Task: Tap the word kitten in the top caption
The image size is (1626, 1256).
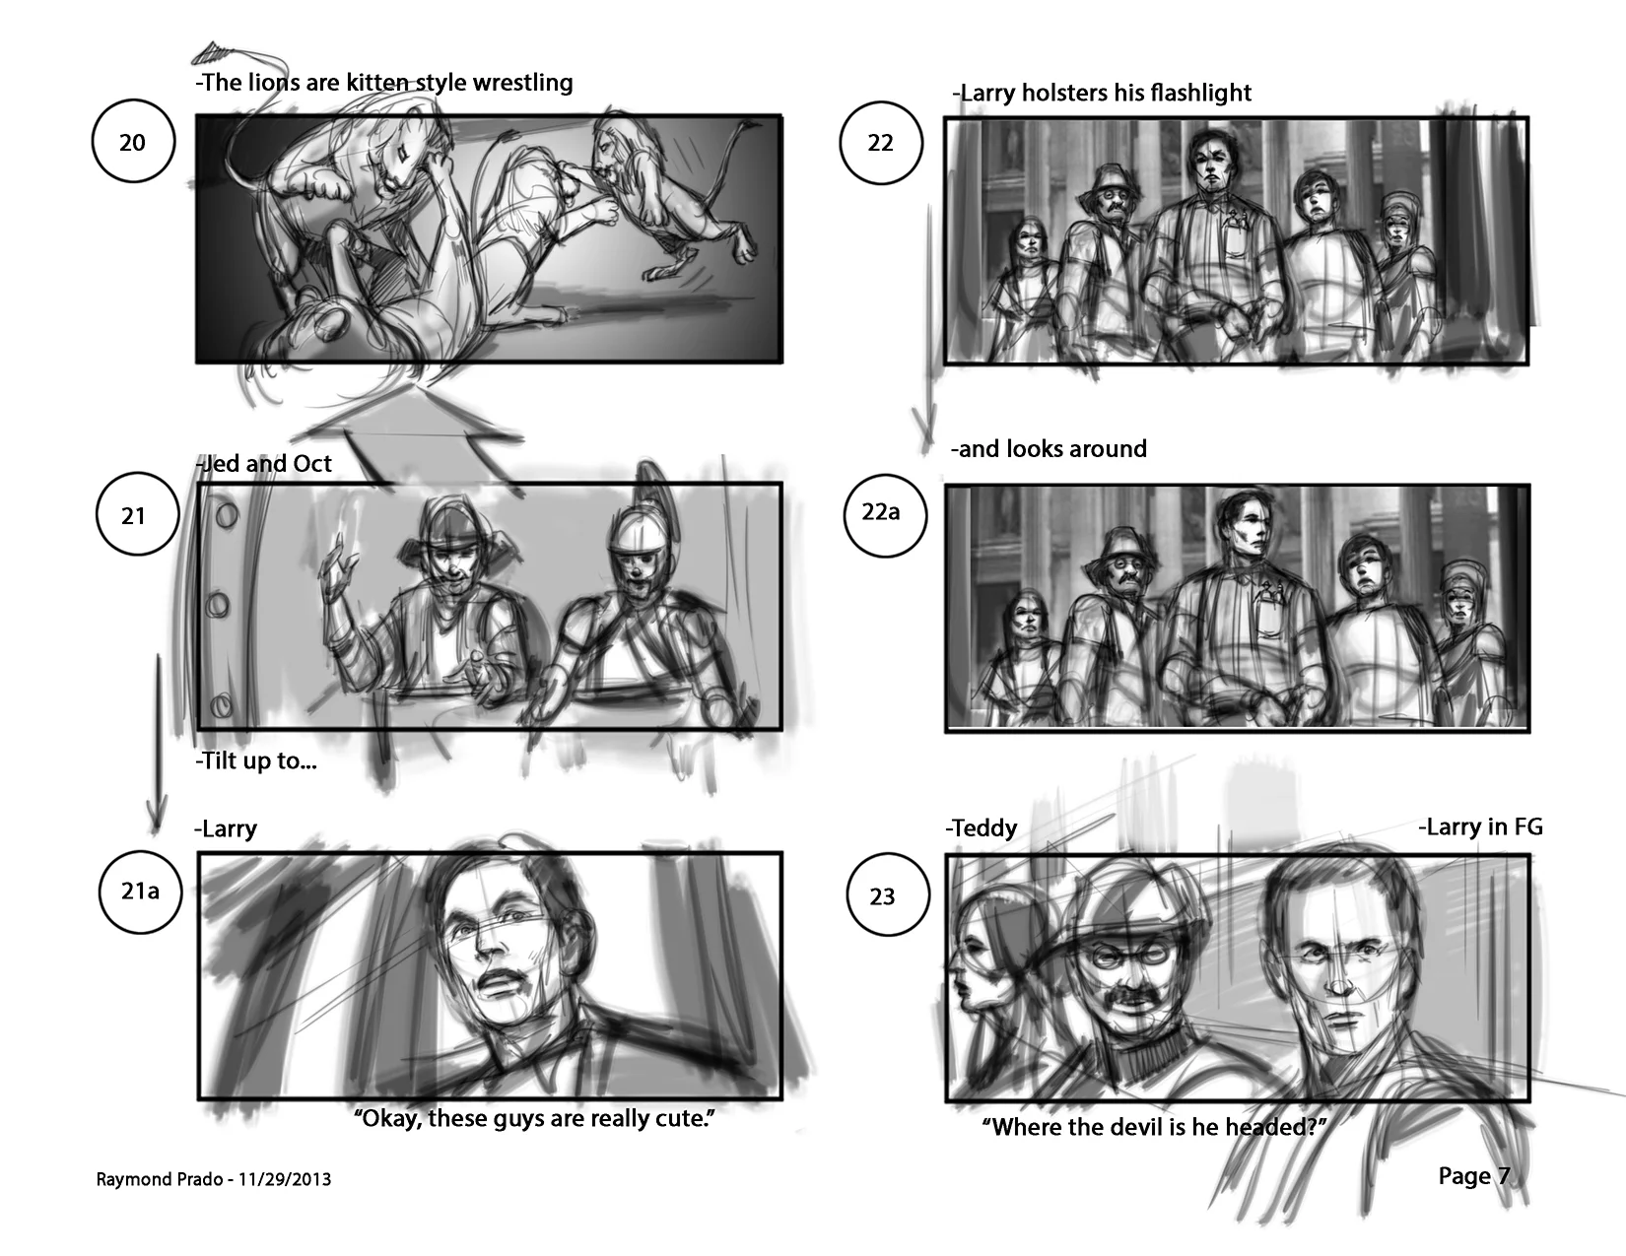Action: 377,83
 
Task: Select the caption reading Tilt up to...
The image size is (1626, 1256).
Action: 256,760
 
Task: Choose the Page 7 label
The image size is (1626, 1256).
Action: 1474,1176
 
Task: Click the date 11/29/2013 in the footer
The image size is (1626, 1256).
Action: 285,1180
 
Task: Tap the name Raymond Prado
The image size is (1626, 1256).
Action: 160,1180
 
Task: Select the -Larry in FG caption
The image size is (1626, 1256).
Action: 1480,826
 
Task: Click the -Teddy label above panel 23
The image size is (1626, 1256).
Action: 981,828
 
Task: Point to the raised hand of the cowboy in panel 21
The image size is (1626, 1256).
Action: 339,567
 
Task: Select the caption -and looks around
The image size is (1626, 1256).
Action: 1049,449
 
